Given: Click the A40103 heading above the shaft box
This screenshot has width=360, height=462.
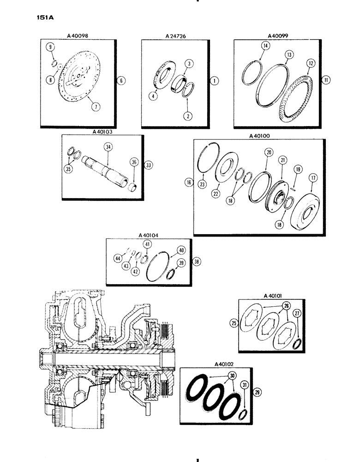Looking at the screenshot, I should click(104, 131).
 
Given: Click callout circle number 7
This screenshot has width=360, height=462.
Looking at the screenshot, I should click(96, 107).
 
